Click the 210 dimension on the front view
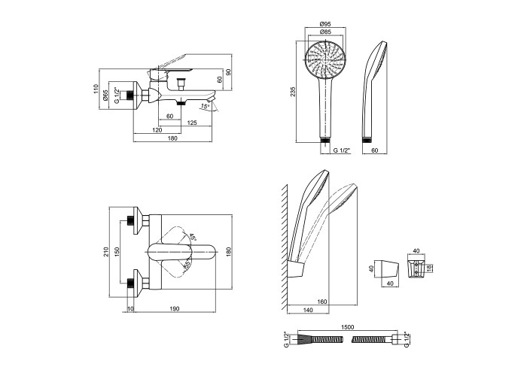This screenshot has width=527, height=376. click(x=107, y=253)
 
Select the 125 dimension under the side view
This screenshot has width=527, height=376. click(x=192, y=123)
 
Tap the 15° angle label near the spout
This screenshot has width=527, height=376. click(x=205, y=106)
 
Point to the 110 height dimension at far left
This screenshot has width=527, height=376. click(x=96, y=89)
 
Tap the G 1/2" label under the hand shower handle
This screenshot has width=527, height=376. click(x=343, y=150)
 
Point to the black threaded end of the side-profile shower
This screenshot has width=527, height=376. click(x=368, y=141)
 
